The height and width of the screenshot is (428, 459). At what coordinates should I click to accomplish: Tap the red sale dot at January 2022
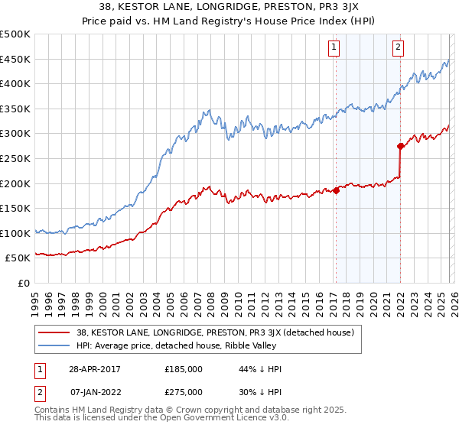coord(400,146)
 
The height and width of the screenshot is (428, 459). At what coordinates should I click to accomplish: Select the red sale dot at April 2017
coord(336,190)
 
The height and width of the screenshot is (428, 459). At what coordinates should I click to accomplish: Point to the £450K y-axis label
coord(15,60)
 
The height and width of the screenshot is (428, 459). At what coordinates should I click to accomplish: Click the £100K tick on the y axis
coord(15,233)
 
